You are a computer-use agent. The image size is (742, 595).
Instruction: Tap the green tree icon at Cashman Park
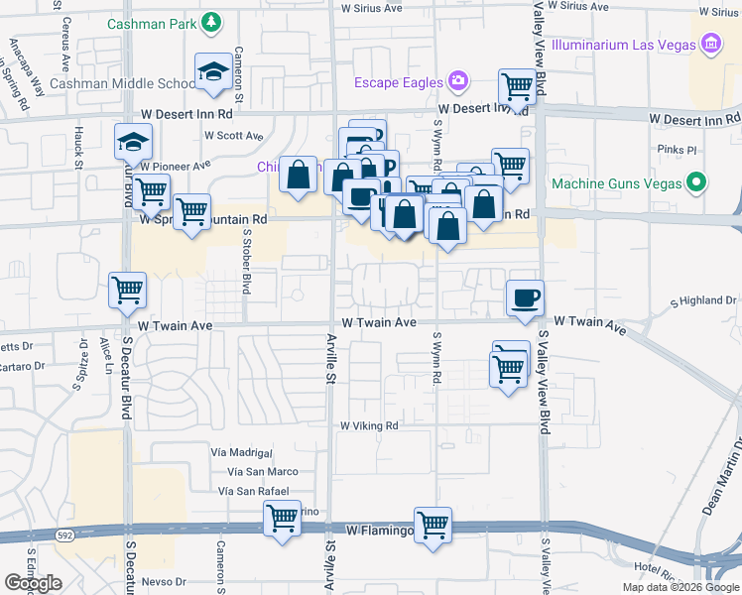click(212, 23)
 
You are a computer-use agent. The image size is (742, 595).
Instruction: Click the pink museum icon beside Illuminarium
click(709, 44)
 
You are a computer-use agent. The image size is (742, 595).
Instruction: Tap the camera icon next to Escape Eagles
click(456, 80)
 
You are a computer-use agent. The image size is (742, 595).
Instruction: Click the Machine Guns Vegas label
click(616, 183)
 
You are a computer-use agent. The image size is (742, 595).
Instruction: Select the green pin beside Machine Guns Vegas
click(696, 183)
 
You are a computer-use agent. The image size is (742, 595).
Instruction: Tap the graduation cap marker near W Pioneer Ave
click(133, 143)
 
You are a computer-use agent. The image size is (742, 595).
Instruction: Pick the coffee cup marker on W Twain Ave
click(525, 297)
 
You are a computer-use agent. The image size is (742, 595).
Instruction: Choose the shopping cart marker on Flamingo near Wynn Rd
click(433, 525)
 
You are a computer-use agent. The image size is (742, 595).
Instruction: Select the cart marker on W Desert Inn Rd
click(517, 87)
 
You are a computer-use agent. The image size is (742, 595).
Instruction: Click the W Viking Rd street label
click(369, 425)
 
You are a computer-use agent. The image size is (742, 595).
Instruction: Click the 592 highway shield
click(37, 535)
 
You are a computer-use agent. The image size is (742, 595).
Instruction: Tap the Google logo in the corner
click(33, 583)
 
